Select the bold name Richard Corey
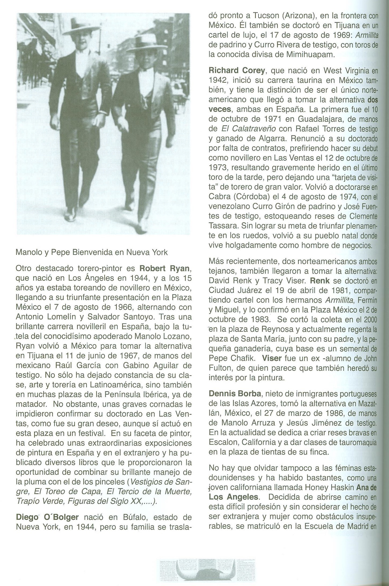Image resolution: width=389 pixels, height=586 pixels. tap(237, 71)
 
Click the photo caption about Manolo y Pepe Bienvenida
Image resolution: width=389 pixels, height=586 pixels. tap(92, 252)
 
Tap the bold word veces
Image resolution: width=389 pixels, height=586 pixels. tap(220, 109)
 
